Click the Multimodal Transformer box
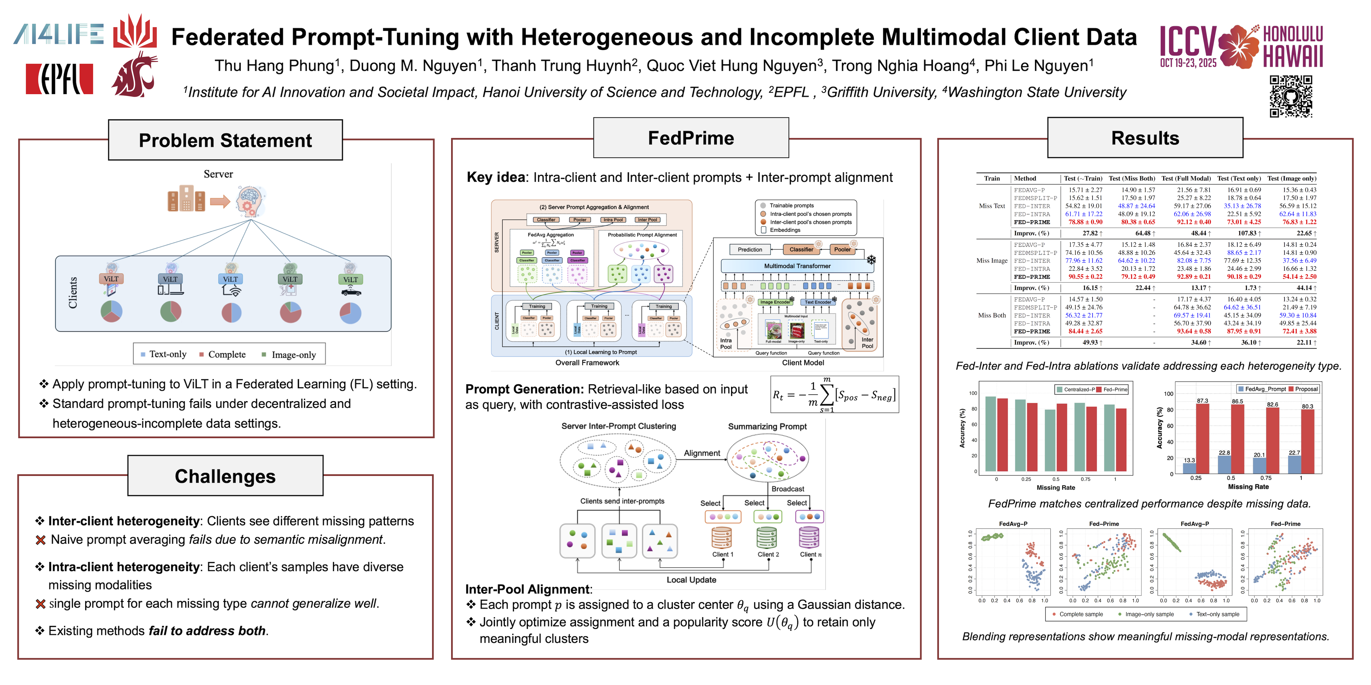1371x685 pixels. [x=797, y=266]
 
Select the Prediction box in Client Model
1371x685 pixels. [x=749, y=249]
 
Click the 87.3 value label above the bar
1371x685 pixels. [x=1202, y=401]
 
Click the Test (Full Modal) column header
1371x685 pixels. [x=1186, y=179]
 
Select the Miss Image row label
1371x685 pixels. [x=992, y=261]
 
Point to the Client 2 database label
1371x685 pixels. [x=768, y=554]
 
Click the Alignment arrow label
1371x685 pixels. [x=702, y=453]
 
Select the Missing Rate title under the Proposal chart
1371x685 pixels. [x=1248, y=487]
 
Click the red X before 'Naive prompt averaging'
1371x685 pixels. [x=40, y=540]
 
